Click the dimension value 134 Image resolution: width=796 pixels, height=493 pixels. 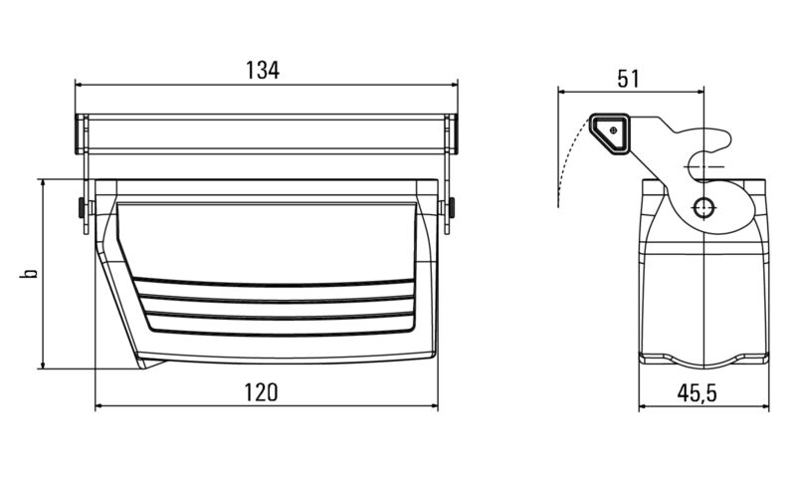pyautogui.click(x=263, y=70)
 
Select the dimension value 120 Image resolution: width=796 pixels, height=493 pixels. pyautogui.click(x=261, y=392)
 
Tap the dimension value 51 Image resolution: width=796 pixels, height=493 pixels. pyautogui.click(x=628, y=78)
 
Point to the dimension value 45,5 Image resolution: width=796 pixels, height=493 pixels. pyautogui.click(x=697, y=393)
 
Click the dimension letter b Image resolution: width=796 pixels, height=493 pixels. pyautogui.click(x=30, y=272)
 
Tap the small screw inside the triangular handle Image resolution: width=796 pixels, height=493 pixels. pyautogui.click(x=614, y=128)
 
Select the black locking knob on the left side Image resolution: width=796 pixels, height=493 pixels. pyautogui.click(x=80, y=209)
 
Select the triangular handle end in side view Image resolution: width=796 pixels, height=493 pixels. pyautogui.click(x=611, y=132)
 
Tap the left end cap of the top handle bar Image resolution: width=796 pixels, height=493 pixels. pyautogui.click(x=81, y=133)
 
